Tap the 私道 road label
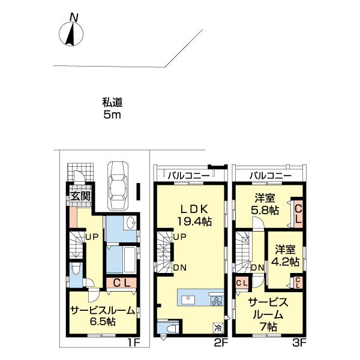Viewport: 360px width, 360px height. point(112,103)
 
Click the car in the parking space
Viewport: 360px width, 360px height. point(118,185)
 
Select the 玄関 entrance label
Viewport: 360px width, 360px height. point(80,196)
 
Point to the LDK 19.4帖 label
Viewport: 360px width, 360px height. point(194,215)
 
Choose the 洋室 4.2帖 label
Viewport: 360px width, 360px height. point(285,256)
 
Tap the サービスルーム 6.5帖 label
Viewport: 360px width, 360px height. point(103,316)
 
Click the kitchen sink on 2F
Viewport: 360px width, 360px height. point(188,299)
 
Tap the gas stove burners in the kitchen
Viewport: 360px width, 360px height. point(217,301)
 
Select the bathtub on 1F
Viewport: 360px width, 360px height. point(130,260)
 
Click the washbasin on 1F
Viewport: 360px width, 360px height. point(130,222)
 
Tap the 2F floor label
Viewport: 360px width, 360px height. point(221,343)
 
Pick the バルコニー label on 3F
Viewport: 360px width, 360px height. point(271,176)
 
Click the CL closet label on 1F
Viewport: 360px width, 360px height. point(122,283)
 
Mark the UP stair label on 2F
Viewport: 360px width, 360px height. point(179,237)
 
